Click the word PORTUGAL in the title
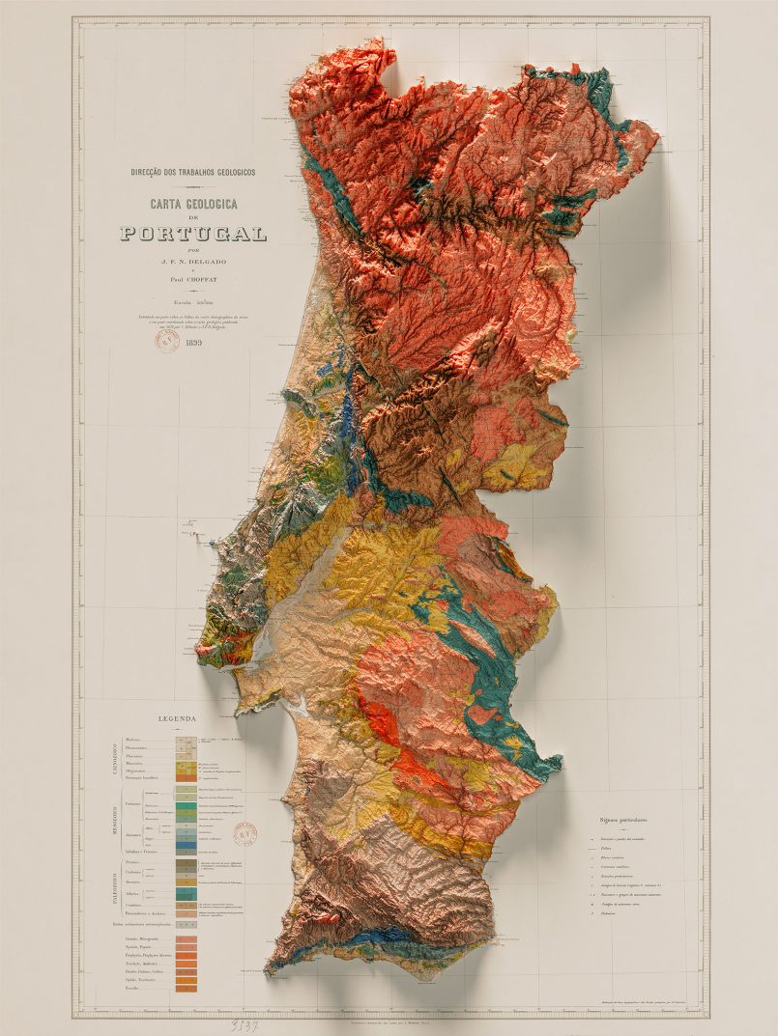pyautogui.click(x=193, y=233)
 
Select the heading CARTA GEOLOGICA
pyautogui.click(x=193, y=204)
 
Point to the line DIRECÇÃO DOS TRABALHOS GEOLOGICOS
pyautogui.click(x=193, y=173)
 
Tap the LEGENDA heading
pyautogui.click(x=177, y=719)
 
